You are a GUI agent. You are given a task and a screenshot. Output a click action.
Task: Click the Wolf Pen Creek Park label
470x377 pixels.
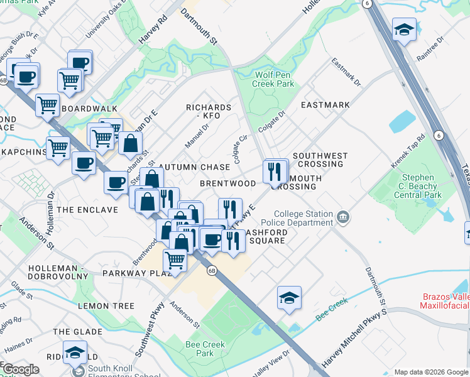pos(274,79)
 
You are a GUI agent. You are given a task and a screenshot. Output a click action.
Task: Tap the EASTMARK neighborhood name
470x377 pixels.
pos(325,105)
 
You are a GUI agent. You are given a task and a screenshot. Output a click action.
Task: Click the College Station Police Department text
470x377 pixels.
pos(303,218)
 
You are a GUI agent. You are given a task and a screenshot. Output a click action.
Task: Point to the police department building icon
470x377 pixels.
pos(343,218)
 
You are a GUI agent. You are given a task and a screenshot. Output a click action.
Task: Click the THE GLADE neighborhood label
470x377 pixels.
pos(77,331)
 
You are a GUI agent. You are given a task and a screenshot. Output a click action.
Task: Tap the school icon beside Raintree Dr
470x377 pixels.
pos(403,29)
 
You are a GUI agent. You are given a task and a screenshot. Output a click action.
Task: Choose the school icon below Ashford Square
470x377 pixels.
pos(289,297)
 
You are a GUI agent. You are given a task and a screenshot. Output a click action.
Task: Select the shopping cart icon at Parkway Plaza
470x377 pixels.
pos(175,259)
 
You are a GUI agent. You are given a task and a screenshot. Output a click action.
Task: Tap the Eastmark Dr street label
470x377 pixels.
pos(346,73)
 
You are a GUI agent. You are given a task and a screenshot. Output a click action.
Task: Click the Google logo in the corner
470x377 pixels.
pos(21,369)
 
